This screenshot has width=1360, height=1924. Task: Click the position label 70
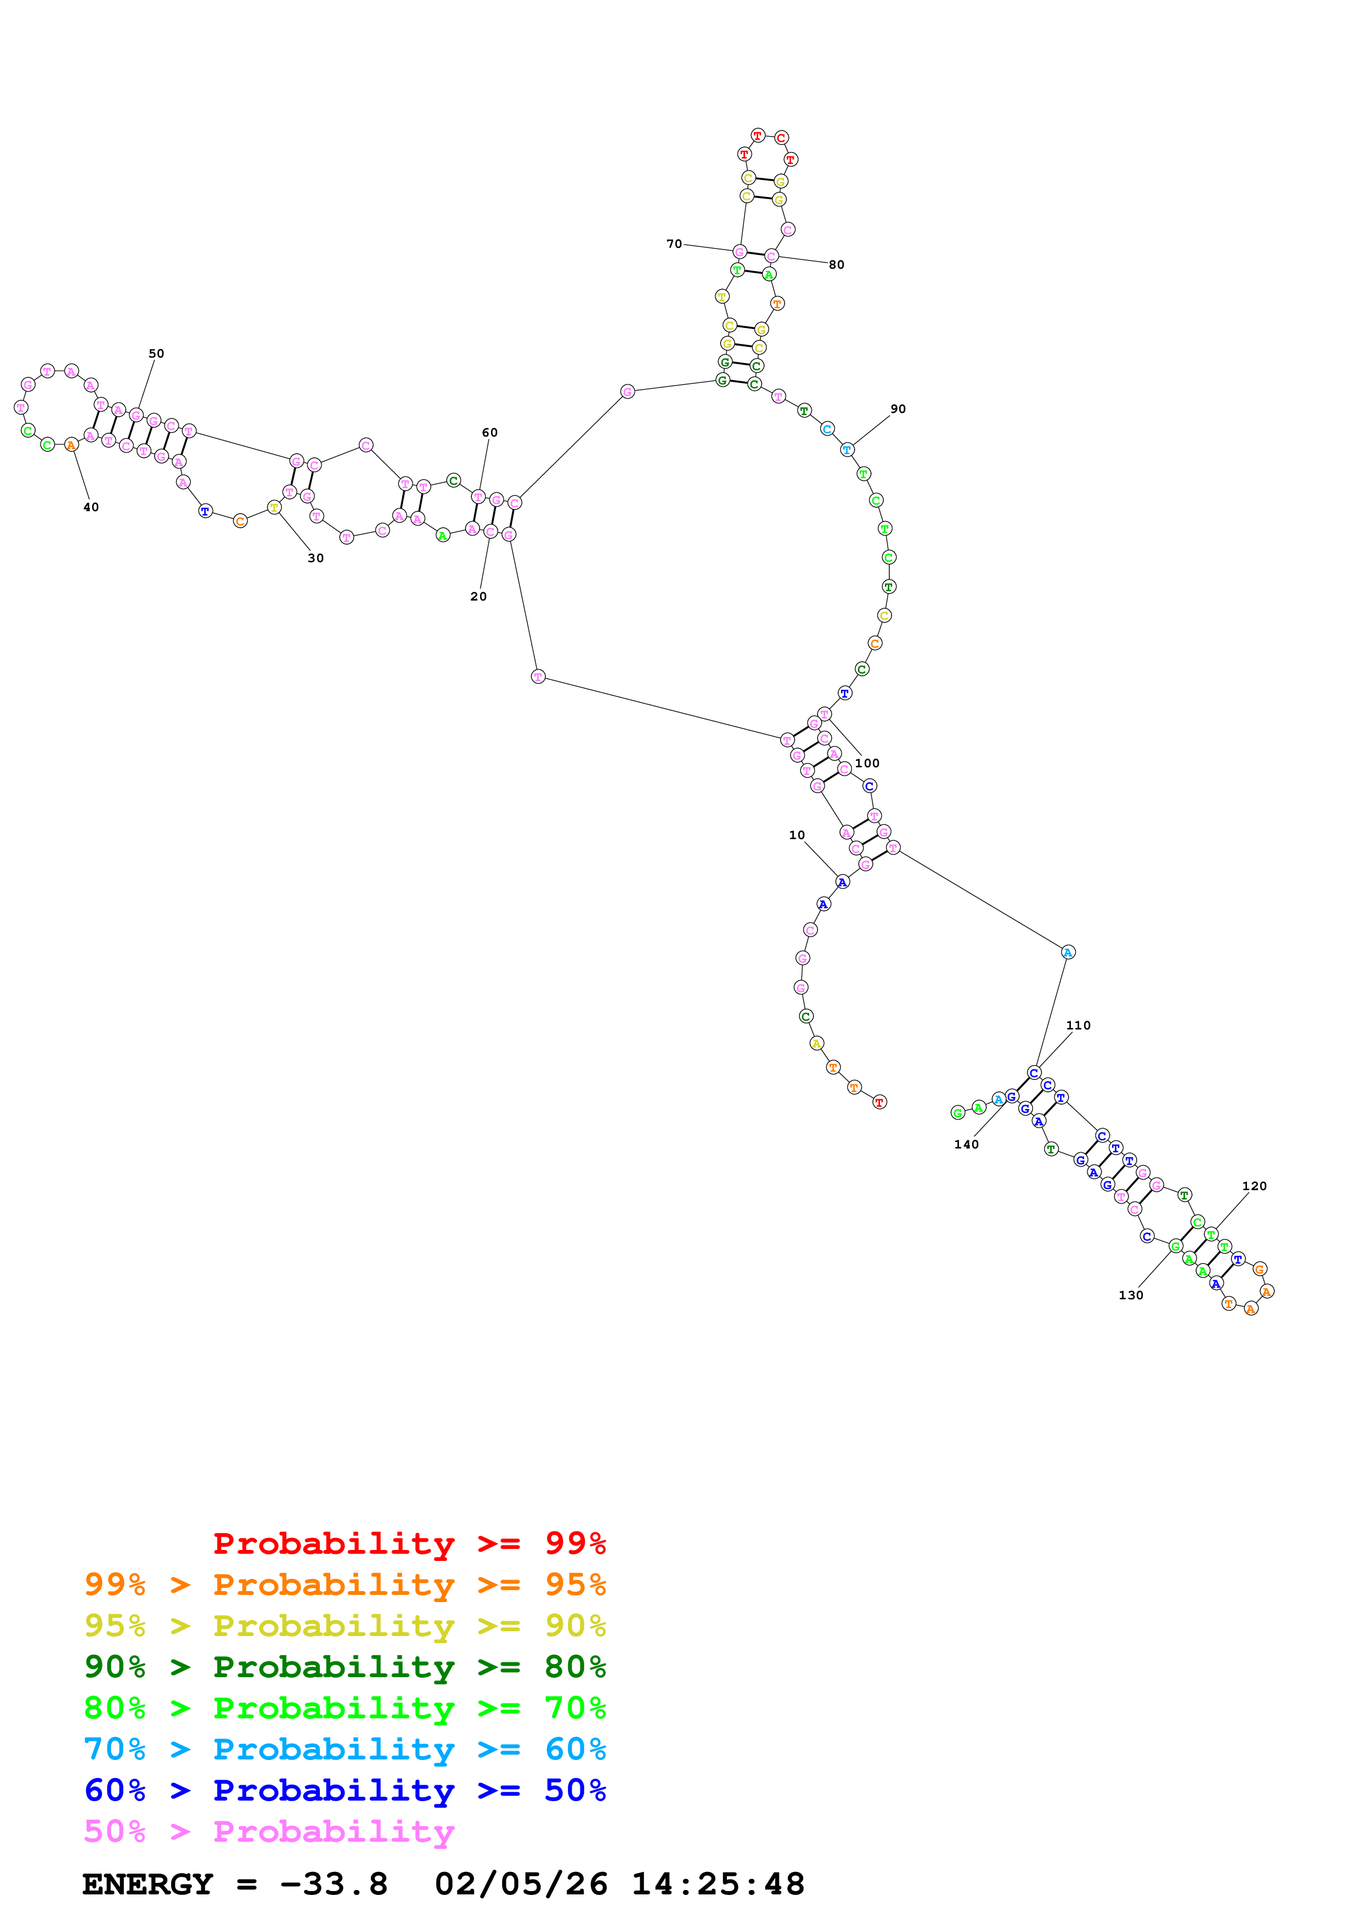(x=674, y=244)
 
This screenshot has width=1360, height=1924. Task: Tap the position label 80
(x=836, y=265)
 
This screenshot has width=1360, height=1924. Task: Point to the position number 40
(x=91, y=507)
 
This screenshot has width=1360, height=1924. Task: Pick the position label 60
(x=489, y=432)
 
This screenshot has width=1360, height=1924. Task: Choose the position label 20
(x=478, y=597)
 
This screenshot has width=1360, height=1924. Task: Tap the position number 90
(x=898, y=409)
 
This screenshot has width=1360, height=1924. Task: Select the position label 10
(x=797, y=835)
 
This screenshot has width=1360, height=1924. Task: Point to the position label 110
(x=1079, y=1026)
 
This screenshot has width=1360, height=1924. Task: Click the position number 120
(x=1255, y=1186)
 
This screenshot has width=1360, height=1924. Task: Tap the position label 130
(x=1131, y=1295)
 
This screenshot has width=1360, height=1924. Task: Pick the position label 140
(x=966, y=1145)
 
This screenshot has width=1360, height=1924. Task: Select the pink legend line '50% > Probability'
(x=269, y=1832)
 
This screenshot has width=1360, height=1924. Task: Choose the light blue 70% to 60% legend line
(x=345, y=1750)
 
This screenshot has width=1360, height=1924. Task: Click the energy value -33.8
(x=334, y=1885)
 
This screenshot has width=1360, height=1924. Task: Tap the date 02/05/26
(x=521, y=1885)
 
